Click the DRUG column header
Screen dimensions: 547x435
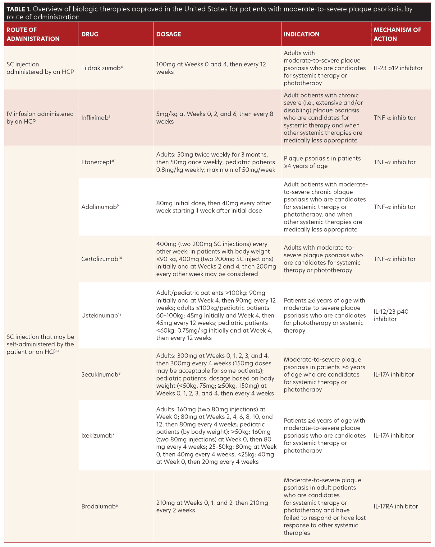pos(90,34)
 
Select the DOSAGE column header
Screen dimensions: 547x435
pos(168,34)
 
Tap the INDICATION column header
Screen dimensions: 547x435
pos(301,34)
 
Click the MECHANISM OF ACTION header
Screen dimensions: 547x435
pos(397,34)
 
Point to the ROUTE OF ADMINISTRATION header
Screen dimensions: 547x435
pos(33,34)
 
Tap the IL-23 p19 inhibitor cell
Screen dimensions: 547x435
pos(398,68)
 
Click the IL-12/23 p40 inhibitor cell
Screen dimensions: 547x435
pos(391,315)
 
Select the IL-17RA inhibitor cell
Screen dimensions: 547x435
pos(396,506)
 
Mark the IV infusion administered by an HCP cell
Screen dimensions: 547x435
pos(40,118)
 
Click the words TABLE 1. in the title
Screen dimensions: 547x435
pos(19,9)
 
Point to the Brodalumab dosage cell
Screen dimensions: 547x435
pos(212,506)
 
